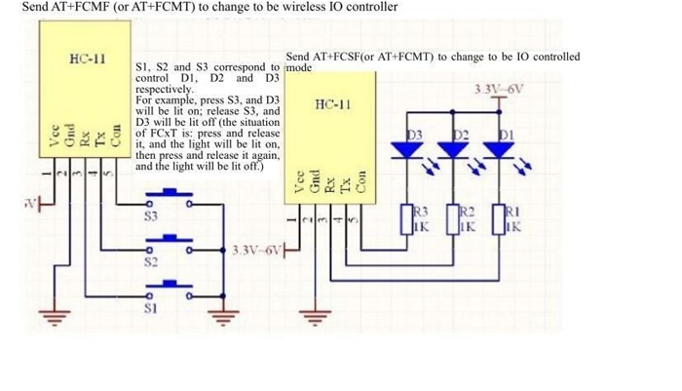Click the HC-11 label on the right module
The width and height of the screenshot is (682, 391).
(334, 104)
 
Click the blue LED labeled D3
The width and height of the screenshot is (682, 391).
(408, 151)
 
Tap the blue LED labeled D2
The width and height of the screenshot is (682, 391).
(454, 151)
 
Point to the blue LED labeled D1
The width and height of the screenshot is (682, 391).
(500, 151)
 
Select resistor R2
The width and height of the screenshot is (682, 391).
(454, 217)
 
